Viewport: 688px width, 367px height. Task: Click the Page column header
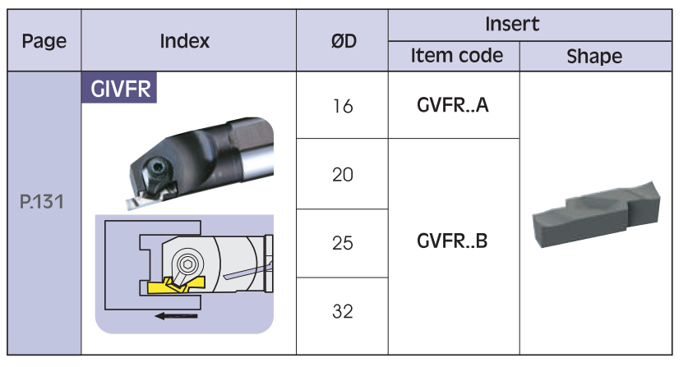coord(44,40)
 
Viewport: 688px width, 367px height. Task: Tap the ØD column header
coord(343,40)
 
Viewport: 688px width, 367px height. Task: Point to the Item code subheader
coord(456,56)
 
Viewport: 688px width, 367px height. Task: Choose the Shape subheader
coord(594,56)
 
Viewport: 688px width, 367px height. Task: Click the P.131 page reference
coord(44,201)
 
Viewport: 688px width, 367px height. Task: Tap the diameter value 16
coord(343,107)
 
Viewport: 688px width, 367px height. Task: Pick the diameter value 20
coord(343,175)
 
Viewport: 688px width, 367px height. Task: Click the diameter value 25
coord(343,244)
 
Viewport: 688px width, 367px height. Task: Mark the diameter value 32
coord(343,312)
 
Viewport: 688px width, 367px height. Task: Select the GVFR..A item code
coord(453,105)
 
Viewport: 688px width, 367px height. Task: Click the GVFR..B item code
coord(453,243)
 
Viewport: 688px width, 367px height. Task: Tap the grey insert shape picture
coord(595,215)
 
